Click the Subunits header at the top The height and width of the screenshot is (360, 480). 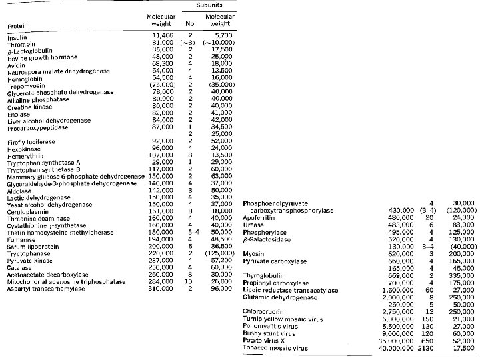pos(209,5)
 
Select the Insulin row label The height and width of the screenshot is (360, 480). pos(17,38)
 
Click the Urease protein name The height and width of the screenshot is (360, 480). pos(255,225)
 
